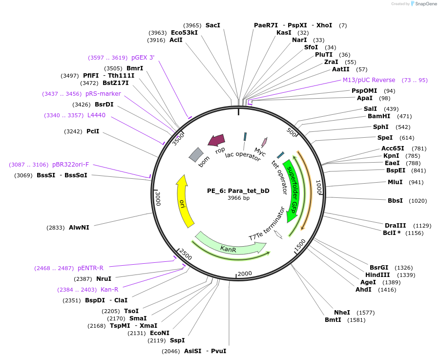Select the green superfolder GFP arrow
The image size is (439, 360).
click(294, 191)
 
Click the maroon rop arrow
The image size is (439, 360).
click(216, 141)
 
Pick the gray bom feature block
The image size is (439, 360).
click(196, 155)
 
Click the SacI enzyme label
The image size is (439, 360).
click(213, 25)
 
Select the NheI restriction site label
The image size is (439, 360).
click(342, 312)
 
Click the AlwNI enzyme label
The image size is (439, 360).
click(79, 228)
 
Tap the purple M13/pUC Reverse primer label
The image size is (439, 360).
click(369, 80)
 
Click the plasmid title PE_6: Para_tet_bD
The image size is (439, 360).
click(238, 191)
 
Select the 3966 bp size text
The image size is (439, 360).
click(238, 198)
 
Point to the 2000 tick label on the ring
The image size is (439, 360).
click(244, 273)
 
